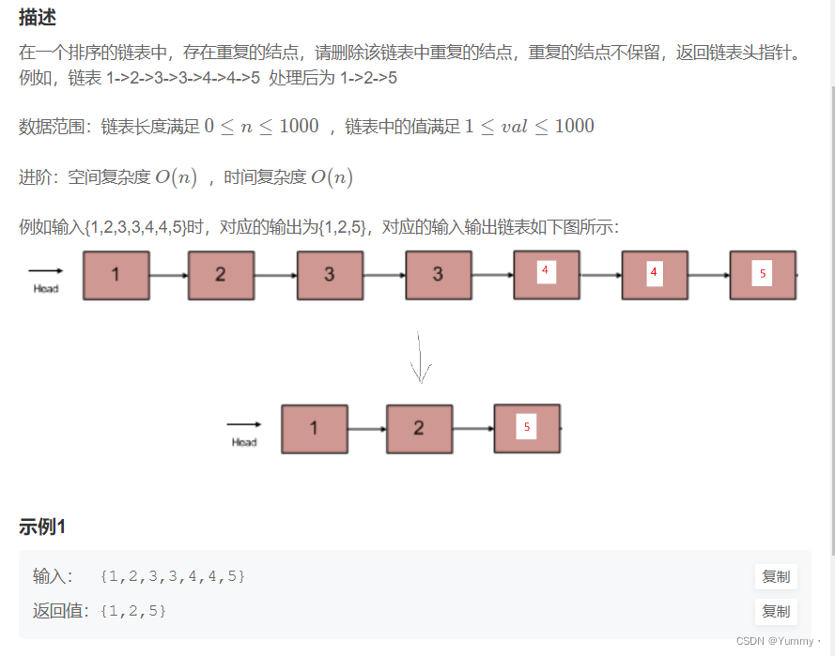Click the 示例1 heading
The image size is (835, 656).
coord(42,527)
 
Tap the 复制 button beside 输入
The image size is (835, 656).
coord(776,576)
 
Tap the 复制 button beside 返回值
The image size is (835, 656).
coord(776,611)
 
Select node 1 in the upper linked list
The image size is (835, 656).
coord(116,275)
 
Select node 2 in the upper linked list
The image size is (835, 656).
coord(221,275)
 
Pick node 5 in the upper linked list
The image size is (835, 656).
coord(763,275)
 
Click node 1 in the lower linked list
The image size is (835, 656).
coord(315,429)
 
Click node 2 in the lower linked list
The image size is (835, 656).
coord(419,429)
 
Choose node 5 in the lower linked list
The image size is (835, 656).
coord(527,428)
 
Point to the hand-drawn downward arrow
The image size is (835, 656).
coord(421,357)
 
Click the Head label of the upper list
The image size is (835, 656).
coord(46,288)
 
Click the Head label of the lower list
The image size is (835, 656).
coord(244,442)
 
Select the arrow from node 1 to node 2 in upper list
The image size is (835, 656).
coord(169,276)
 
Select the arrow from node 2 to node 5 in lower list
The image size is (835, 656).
coord(473,429)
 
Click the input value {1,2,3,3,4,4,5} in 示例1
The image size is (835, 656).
coord(173,576)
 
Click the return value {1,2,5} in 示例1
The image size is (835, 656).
coord(132,611)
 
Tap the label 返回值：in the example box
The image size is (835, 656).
coord(62,611)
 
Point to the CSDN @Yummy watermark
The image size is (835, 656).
coord(779,641)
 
